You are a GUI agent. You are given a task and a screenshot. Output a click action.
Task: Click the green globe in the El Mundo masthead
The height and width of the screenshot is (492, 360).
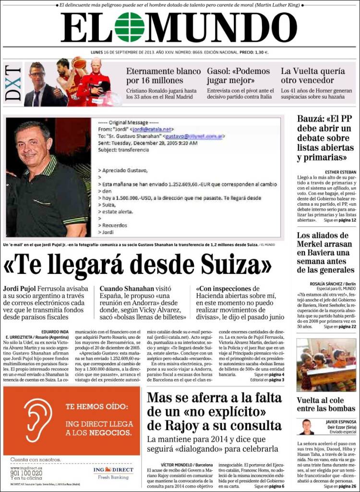129,27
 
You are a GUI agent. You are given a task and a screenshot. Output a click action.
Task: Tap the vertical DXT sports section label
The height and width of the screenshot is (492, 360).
13,84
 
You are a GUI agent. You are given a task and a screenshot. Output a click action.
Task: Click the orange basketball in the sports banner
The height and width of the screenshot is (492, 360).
80,63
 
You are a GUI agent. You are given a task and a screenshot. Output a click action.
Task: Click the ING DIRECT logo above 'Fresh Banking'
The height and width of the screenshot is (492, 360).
113,469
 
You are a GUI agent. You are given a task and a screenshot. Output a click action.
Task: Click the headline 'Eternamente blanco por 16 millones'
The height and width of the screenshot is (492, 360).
163,76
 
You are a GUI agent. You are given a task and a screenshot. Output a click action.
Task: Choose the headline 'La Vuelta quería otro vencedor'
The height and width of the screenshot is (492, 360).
312,76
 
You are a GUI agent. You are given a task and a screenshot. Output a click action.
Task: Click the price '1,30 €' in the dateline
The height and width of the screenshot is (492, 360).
259,52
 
